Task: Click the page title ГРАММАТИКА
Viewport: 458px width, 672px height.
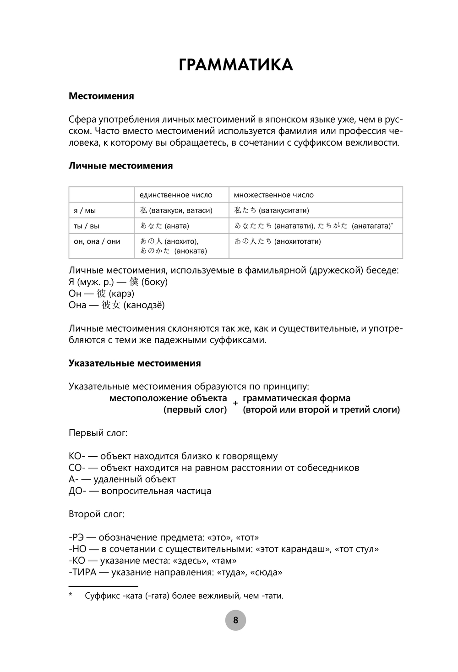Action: pos(235,65)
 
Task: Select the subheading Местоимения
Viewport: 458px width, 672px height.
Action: pos(101,96)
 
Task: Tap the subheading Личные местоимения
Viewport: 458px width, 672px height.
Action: pos(120,166)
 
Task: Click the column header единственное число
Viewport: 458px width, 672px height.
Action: pos(176,195)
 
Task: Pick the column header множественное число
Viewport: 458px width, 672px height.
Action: pos(273,195)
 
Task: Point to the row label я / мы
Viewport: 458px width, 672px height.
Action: pos(85,211)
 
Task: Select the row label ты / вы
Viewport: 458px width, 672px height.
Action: pos(86,226)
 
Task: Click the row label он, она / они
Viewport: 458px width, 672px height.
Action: pos(97,241)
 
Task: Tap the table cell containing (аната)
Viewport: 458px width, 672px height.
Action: pos(176,226)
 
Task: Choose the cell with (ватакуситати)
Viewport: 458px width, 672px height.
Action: pos(284,211)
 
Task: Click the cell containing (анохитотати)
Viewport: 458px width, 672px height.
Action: pos(297,241)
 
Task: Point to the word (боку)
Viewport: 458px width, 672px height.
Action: pos(154,282)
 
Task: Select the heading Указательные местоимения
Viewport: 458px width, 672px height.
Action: pos(135,363)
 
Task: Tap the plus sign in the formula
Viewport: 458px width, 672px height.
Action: pos(235,404)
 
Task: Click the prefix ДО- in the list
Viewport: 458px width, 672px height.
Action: pos(76,491)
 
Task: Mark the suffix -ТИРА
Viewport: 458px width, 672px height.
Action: pos(82,573)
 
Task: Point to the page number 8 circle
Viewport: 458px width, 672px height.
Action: pos(235,620)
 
